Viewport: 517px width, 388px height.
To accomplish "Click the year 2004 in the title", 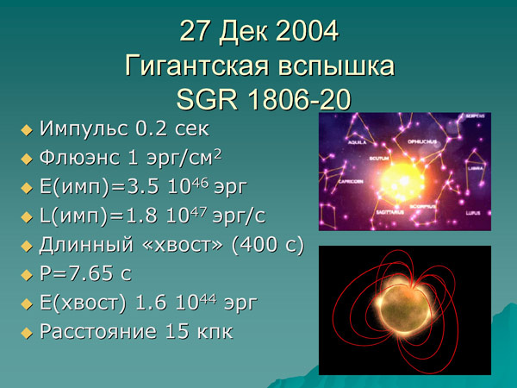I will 307,31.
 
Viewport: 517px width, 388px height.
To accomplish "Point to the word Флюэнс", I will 82,159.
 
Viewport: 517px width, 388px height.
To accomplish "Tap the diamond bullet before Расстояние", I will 26,332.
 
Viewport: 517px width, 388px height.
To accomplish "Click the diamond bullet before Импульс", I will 26,130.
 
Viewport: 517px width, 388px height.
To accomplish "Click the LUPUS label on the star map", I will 475,211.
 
